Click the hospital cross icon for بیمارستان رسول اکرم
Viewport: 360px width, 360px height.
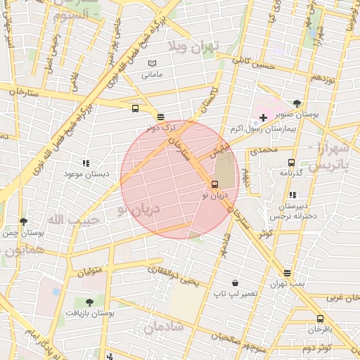(x=263, y=117)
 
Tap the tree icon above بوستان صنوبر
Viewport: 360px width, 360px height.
(x=297, y=103)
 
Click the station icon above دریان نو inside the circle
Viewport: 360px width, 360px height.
(x=214, y=185)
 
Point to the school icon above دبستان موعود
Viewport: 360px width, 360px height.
(x=86, y=162)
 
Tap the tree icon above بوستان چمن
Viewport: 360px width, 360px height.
(x=24, y=221)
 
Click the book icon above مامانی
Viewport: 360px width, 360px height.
(x=152, y=64)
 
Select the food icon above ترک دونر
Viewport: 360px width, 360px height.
(x=161, y=117)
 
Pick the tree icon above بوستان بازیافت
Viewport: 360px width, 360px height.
(x=88, y=302)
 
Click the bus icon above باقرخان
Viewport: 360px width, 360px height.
(x=321, y=319)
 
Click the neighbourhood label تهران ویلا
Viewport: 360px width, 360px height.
(x=194, y=46)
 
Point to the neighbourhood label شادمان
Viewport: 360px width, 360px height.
(x=164, y=327)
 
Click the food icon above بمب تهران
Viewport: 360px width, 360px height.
(x=287, y=274)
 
